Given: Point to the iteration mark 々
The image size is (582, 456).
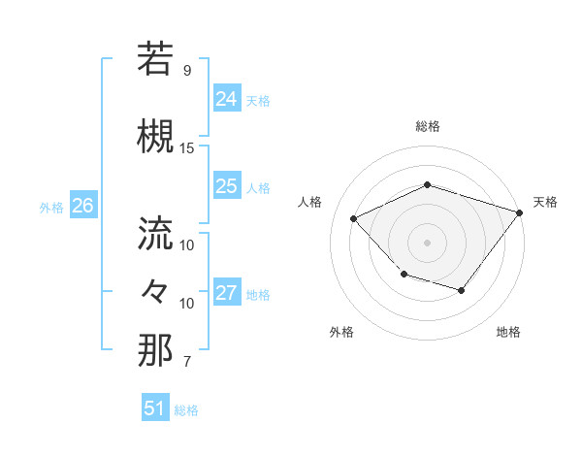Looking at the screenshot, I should pos(156,290).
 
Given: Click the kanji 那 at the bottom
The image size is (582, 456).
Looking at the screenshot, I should pos(156,350).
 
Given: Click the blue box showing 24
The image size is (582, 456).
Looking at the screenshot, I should pos(227,99).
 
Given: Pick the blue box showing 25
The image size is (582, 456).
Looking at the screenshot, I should pos(227,186).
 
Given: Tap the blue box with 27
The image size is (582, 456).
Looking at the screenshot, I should pos(227,293).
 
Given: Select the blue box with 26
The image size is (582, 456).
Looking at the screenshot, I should pos(82,206).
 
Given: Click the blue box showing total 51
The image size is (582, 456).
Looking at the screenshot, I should pos(155,408).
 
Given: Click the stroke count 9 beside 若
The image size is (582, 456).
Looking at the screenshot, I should pos(186,71).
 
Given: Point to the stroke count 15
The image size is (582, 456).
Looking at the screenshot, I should pos(187,148).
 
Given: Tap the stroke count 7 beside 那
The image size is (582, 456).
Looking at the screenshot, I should pos(186,362).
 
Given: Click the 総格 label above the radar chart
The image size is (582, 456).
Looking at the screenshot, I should pos(428,126).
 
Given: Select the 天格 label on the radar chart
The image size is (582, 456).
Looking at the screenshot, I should pos(545,202).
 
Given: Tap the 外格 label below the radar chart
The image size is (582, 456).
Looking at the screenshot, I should pos(341,332).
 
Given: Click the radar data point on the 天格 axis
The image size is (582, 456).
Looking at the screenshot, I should pos(521,212).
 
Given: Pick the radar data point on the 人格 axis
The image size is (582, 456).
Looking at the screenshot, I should pos(354,219).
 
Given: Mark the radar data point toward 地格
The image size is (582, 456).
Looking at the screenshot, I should pos(462,290).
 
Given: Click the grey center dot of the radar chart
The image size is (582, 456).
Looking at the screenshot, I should pos(427,243).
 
